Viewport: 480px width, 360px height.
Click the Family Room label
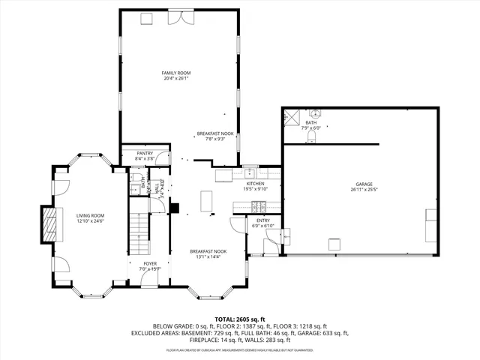176,73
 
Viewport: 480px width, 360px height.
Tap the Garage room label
364,184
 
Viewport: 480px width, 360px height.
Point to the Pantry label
145,153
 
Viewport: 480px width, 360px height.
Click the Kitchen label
256,184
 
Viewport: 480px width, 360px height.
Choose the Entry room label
264,220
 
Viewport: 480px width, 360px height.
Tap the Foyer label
151,264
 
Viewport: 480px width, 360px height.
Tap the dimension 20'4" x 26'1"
176,78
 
